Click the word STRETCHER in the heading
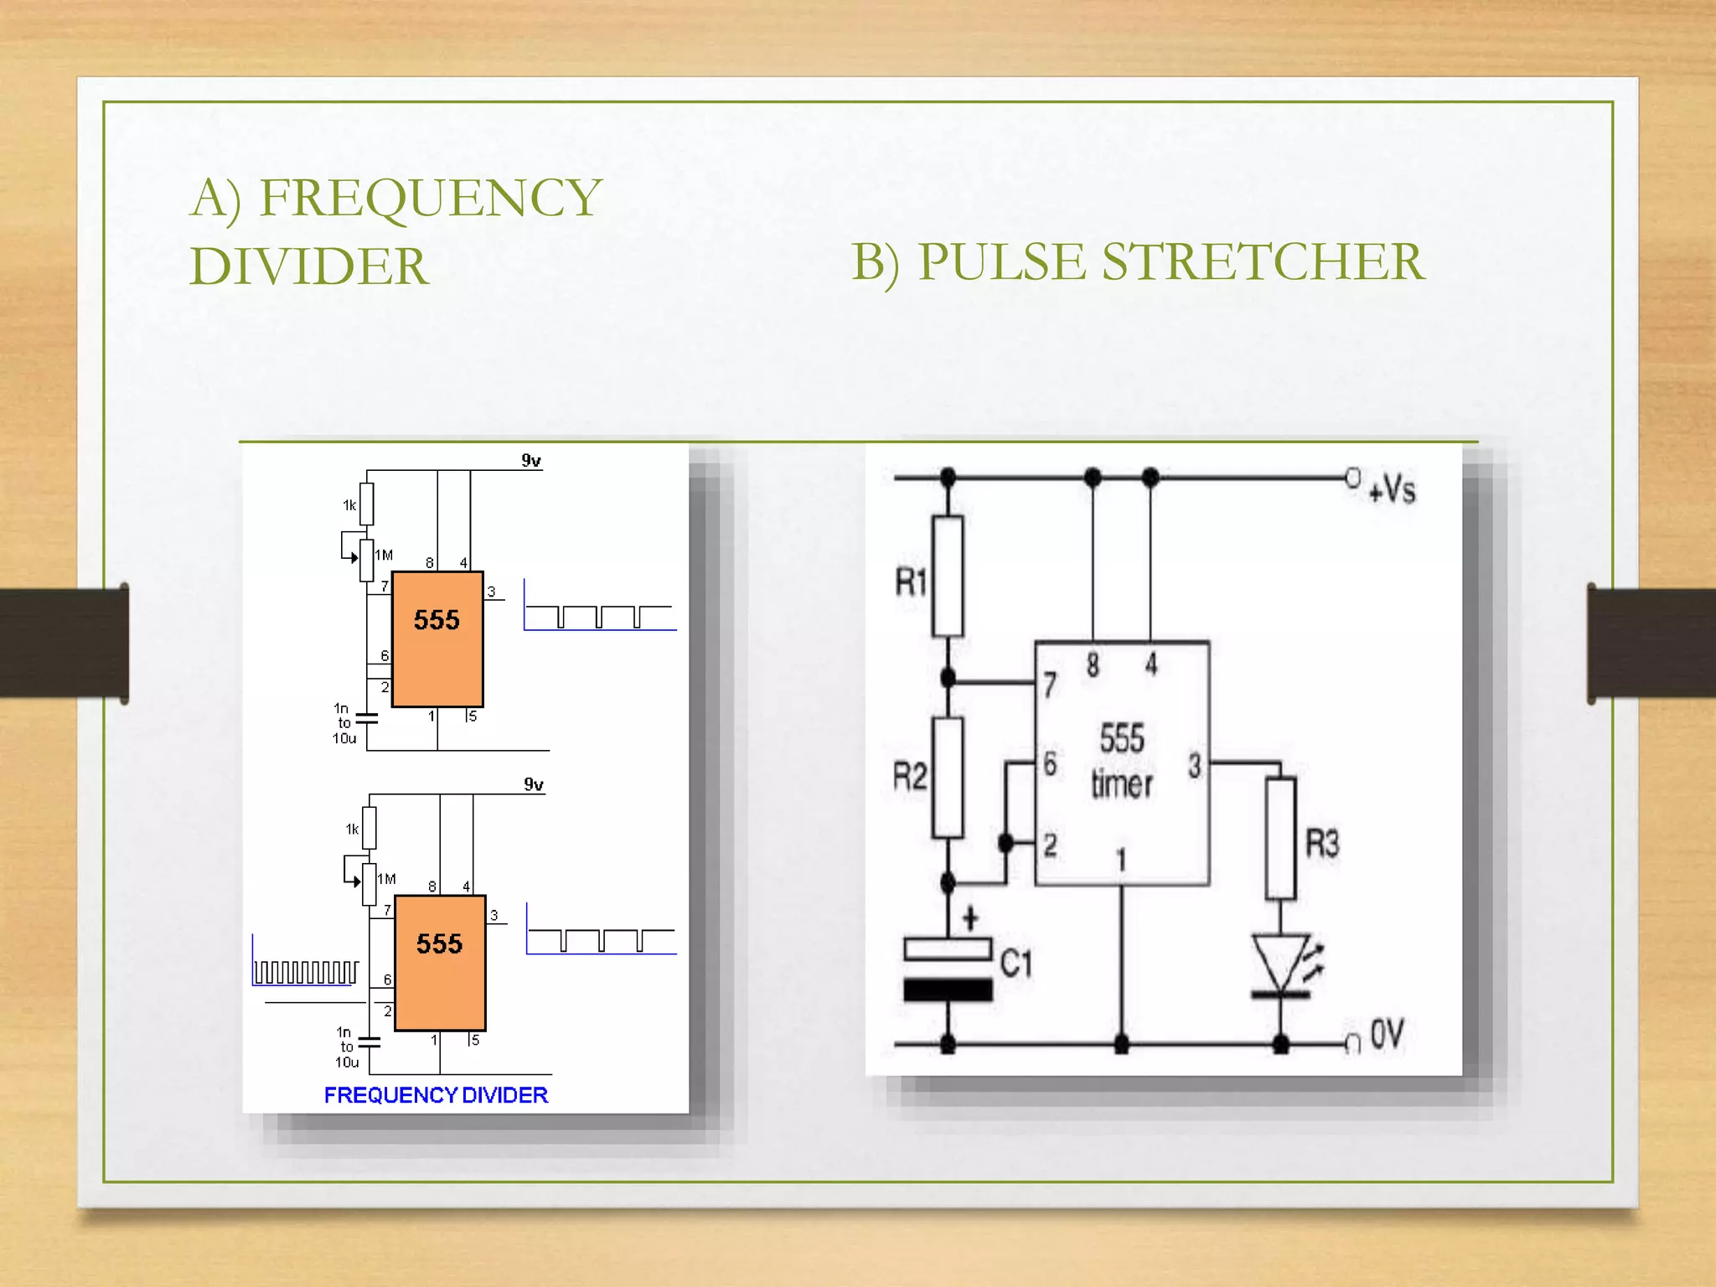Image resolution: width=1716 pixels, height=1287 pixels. (x=1262, y=261)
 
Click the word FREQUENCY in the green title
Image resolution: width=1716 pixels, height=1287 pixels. (x=430, y=198)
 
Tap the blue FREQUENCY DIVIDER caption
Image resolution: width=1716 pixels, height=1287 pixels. (x=436, y=1095)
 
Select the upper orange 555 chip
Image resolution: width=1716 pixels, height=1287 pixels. (x=437, y=638)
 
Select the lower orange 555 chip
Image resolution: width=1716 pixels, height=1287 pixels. (x=440, y=962)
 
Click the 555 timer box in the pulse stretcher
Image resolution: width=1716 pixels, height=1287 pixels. (x=1122, y=762)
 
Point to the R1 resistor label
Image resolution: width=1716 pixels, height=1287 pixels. (x=912, y=581)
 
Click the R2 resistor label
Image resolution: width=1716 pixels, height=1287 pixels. (x=910, y=777)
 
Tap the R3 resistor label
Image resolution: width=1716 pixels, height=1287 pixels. (x=1322, y=843)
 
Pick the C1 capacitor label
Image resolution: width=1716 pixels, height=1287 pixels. (x=1016, y=964)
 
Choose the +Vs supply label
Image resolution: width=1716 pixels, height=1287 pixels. (x=1392, y=488)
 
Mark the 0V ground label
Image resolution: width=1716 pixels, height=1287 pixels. (x=1387, y=1035)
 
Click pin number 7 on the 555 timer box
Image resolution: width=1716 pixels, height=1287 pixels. (x=1050, y=685)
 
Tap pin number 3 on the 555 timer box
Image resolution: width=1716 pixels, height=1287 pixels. (x=1194, y=765)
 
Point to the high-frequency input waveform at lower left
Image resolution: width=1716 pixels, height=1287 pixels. (x=306, y=970)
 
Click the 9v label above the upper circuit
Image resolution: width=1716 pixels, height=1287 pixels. (x=531, y=460)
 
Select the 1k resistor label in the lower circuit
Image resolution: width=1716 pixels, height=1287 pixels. (x=352, y=829)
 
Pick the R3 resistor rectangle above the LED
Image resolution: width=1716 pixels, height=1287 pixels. (x=1280, y=838)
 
